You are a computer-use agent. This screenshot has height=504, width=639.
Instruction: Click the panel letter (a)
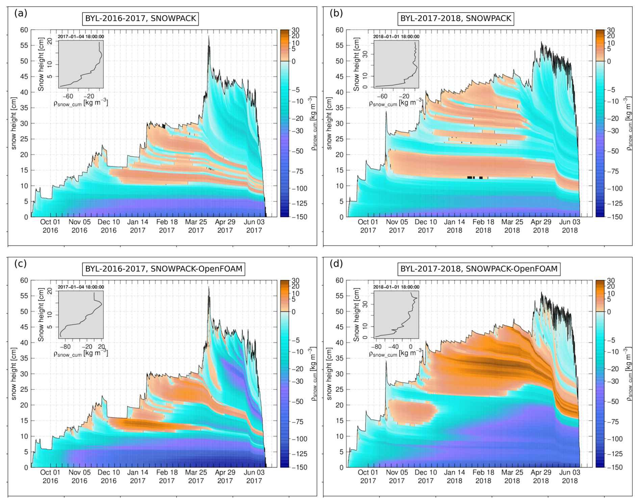click(x=21, y=14)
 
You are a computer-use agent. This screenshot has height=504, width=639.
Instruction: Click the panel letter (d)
click(x=336, y=264)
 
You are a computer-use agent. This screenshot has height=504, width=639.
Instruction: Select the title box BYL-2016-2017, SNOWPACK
click(x=140, y=18)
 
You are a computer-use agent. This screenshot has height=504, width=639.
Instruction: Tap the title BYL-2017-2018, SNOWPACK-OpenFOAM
click(x=479, y=269)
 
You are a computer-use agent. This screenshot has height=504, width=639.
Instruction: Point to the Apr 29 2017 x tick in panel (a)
click(x=225, y=226)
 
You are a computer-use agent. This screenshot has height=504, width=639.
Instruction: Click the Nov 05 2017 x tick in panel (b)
click(x=397, y=226)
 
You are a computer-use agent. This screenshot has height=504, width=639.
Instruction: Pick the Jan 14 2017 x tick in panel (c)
click(x=137, y=477)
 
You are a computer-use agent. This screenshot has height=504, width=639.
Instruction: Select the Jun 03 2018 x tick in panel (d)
click(x=570, y=477)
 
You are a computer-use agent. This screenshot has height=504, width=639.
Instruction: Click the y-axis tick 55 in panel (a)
click(x=24, y=46)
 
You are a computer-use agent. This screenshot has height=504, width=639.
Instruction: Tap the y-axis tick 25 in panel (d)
click(x=339, y=389)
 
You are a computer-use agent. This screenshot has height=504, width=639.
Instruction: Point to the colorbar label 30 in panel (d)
click(x=611, y=281)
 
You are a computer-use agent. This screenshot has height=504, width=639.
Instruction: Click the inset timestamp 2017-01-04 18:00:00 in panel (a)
click(x=81, y=37)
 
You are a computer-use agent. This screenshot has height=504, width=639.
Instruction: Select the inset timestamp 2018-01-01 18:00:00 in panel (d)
click(x=396, y=287)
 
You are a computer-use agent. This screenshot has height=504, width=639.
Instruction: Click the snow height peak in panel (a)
click(x=209, y=37)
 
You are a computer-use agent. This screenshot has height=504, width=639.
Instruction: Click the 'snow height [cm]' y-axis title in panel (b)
click(x=329, y=123)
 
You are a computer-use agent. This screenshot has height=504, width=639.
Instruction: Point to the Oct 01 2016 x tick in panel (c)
click(x=50, y=477)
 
